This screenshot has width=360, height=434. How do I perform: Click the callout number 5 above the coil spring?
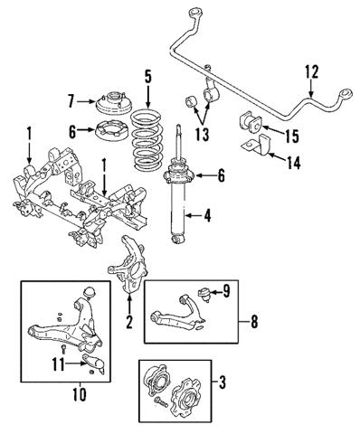coord(147,76)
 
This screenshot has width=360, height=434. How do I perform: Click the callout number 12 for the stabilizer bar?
coord(311,71)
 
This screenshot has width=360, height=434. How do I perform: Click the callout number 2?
coord(129,321)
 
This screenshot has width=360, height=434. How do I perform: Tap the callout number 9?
coord(227,291)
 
